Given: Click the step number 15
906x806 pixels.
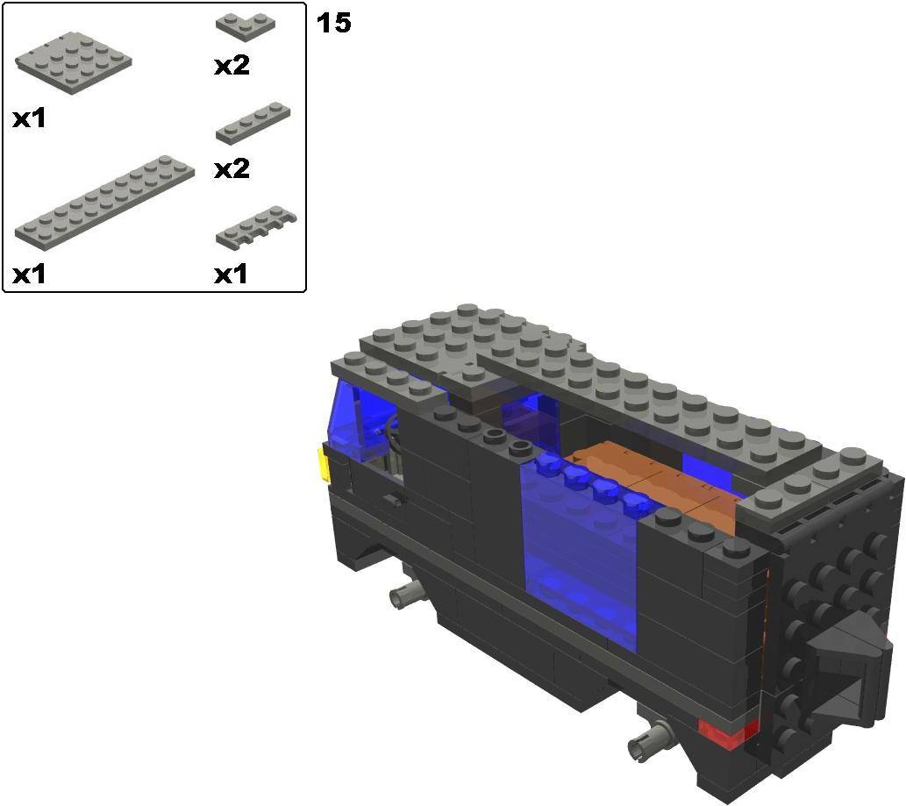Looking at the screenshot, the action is pyautogui.click(x=333, y=23).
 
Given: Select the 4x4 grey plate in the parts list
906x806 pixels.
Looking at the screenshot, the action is pyautogui.click(x=74, y=63).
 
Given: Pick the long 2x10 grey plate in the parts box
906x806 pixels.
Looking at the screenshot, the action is pyautogui.click(x=104, y=203).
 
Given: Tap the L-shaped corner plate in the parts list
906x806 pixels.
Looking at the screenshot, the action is pyautogui.click(x=246, y=26).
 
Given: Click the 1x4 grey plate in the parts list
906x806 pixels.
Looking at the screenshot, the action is pyautogui.click(x=253, y=123).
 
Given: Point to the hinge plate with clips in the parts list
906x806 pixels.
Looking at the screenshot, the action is pyautogui.click(x=256, y=228).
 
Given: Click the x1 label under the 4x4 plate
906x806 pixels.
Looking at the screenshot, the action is pyautogui.click(x=29, y=119).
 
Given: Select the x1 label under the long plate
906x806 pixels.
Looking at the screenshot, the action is pyautogui.click(x=29, y=275).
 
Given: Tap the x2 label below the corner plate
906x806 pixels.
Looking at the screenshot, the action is pyautogui.click(x=232, y=66).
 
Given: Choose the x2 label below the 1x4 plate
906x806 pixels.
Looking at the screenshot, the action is pyautogui.click(x=232, y=169).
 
